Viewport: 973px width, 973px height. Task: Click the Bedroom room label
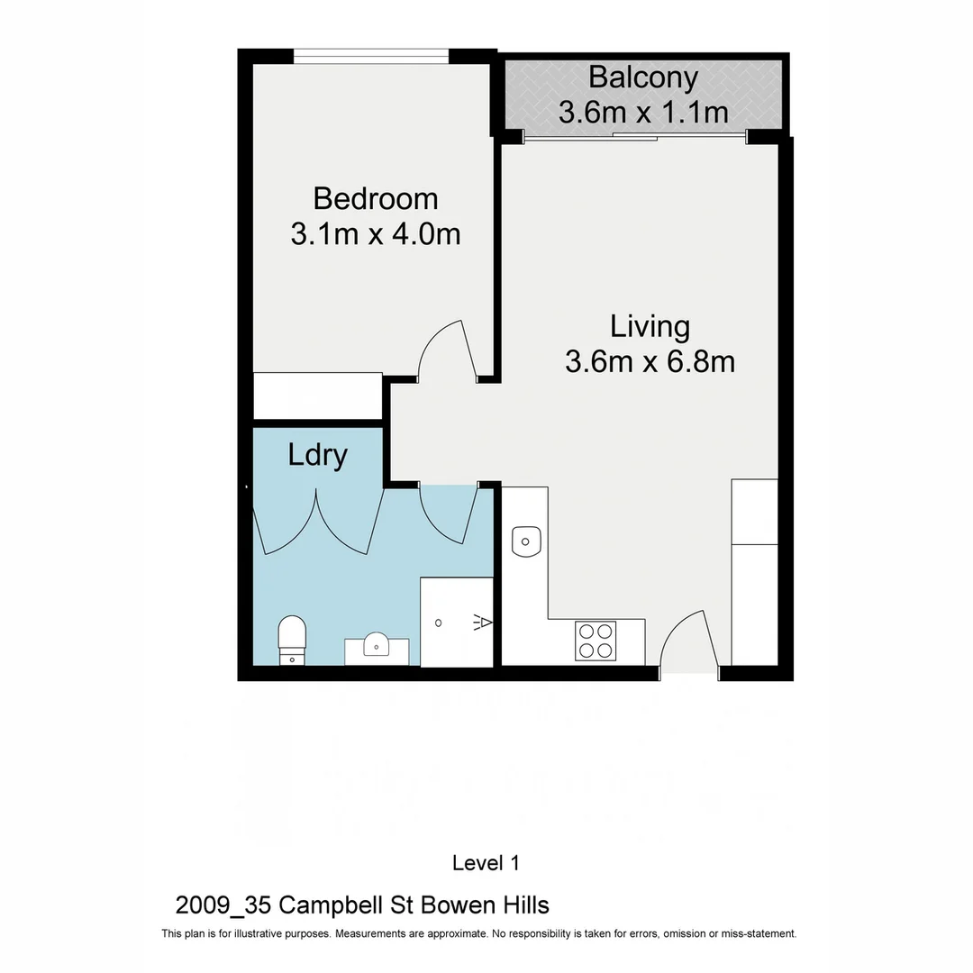[x=375, y=197]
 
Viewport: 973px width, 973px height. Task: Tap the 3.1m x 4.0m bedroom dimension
[x=375, y=234]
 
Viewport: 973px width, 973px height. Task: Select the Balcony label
[x=642, y=77]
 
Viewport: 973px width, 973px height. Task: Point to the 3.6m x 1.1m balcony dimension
[x=642, y=113]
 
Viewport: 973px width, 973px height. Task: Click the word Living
[x=650, y=325]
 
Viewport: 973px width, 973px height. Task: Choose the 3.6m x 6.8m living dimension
[x=650, y=361]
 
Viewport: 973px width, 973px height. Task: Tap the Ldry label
[x=317, y=455]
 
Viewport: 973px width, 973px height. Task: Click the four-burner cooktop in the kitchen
[x=596, y=641]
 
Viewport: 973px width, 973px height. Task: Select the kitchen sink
[x=524, y=541]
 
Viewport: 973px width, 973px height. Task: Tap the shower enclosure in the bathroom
[x=457, y=622]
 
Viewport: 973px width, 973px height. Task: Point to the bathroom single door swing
[x=447, y=515]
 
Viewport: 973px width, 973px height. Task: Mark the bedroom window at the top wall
[x=371, y=57]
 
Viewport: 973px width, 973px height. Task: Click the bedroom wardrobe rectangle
[x=318, y=396]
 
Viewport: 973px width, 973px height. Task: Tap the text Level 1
[x=486, y=863]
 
